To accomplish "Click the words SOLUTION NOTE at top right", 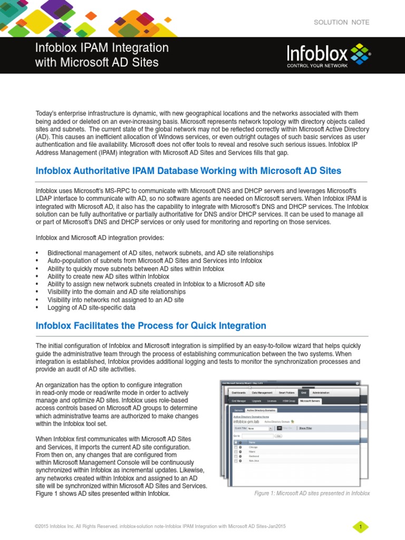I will [341, 22].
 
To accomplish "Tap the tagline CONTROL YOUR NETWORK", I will [317, 66].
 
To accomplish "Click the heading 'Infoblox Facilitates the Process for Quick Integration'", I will [151, 325].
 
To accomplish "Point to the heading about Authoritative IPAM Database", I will [188, 171].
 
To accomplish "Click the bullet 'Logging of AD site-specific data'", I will [91, 307].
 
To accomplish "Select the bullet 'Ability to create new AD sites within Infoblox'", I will [108, 276].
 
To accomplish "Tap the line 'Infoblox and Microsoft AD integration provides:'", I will [100, 237].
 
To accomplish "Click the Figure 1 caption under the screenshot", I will [312, 493].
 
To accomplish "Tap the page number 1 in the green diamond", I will [360, 527].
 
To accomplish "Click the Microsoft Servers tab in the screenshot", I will [310, 401].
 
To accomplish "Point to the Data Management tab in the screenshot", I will [262, 393].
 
